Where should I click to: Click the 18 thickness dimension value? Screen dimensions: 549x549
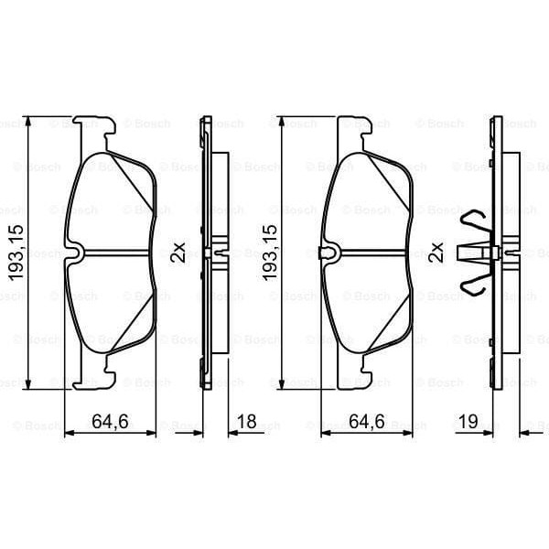tap(247, 422)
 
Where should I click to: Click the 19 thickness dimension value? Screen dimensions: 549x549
tap(468, 422)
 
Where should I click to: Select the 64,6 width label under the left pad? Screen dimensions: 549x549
tap(110, 422)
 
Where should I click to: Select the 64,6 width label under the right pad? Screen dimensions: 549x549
tap(367, 422)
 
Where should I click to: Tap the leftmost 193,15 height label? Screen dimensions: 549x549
tap(16, 253)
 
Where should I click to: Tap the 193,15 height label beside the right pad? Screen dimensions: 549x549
tap(270, 253)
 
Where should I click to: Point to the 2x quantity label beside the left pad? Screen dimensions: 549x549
tap(178, 253)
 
